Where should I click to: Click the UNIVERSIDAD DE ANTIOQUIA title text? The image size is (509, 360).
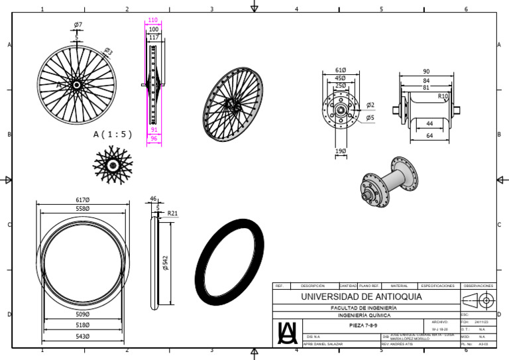pyautogui.click(x=361, y=296)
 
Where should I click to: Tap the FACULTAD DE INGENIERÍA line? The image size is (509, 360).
pyautogui.click(x=364, y=308)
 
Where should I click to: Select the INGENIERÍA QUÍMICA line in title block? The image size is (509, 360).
pyautogui.click(x=364, y=316)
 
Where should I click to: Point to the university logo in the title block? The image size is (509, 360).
pyautogui.click(x=287, y=332)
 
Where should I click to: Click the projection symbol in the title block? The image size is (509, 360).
pyautogui.click(x=478, y=300)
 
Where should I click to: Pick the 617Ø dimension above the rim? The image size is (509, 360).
pyautogui.click(x=83, y=200)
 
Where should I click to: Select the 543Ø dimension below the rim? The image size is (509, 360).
pyautogui.click(x=83, y=336)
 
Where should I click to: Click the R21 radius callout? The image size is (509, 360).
pyautogui.click(x=173, y=213)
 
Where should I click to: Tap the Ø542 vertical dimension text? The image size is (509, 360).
pyautogui.click(x=166, y=263)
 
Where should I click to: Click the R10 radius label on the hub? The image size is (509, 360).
pyautogui.click(x=443, y=96)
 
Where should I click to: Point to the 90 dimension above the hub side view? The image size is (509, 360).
pyautogui.click(x=425, y=71)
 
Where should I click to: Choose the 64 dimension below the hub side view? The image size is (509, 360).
pyautogui.click(x=429, y=135)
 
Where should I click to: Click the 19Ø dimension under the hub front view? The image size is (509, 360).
pyautogui.click(x=341, y=151)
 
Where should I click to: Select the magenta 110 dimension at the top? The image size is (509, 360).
pyautogui.click(x=153, y=21)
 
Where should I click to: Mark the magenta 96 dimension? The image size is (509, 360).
pyautogui.click(x=154, y=139)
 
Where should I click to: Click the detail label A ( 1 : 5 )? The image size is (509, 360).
pyautogui.click(x=113, y=134)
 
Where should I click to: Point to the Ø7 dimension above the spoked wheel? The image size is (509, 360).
pyautogui.click(x=78, y=25)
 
